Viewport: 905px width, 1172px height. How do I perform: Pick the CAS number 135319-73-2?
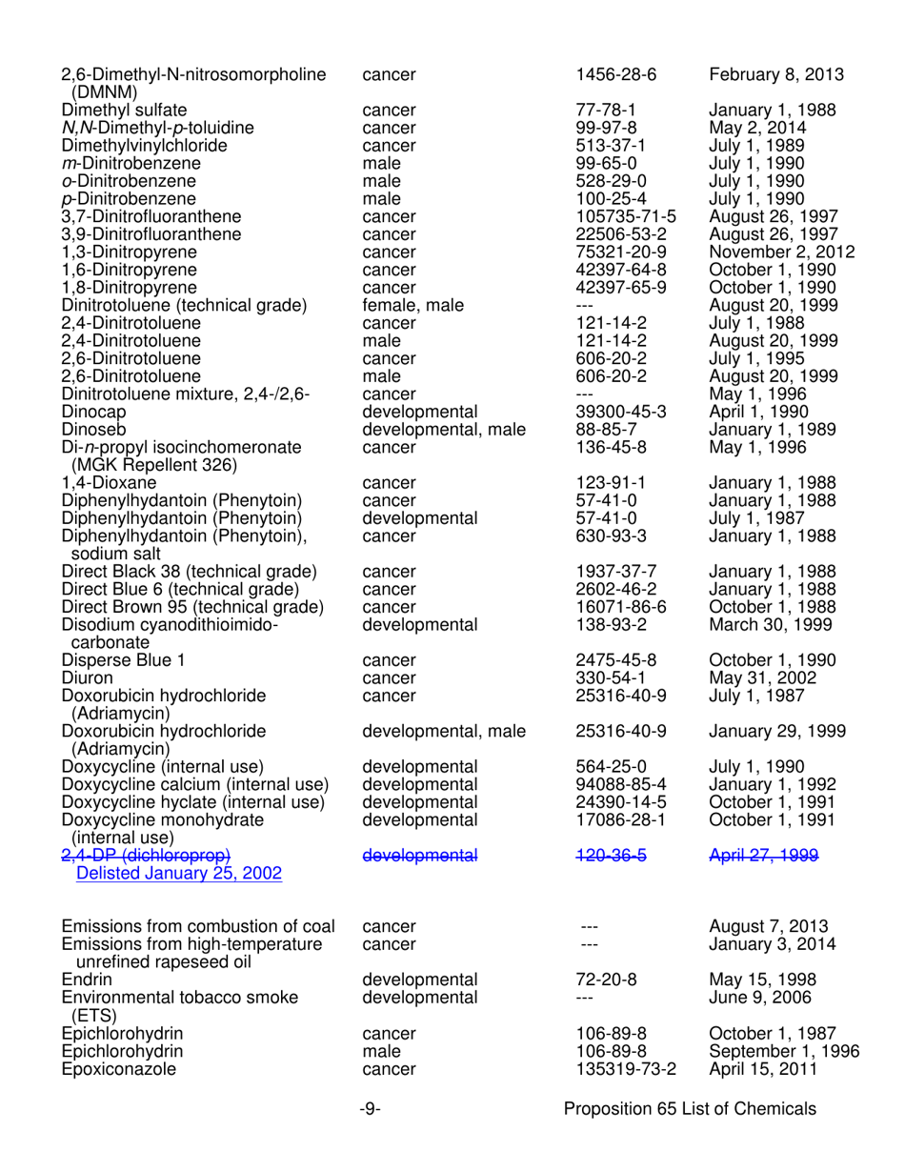click(x=627, y=1069)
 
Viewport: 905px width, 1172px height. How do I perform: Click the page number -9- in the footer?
click(x=371, y=1110)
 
